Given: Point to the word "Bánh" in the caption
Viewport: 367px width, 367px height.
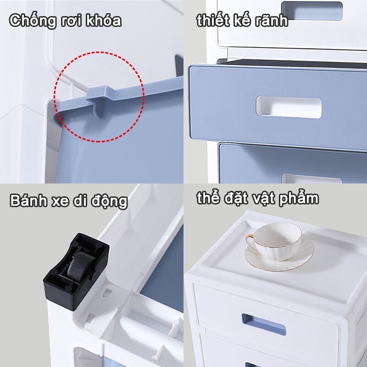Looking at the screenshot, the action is [x=28, y=200].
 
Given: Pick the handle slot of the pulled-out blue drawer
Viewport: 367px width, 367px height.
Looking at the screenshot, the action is [x=289, y=107].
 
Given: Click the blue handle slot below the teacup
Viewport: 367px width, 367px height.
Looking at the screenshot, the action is [x=264, y=324].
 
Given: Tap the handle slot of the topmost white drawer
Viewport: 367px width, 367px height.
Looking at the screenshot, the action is [x=312, y=10].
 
